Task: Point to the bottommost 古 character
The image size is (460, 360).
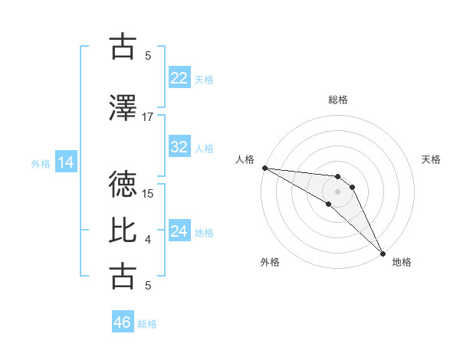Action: (x=124, y=276)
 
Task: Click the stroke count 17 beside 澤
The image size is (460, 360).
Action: (x=148, y=117)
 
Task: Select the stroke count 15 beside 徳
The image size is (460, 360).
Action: (x=148, y=194)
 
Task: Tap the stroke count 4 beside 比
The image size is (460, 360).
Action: (x=148, y=240)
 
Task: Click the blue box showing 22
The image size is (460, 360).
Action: (x=179, y=77)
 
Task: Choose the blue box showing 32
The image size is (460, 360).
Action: (x=179, y=147)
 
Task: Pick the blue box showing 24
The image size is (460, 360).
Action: (x=179, y=231)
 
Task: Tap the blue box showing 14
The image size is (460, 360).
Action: (x=65, y=162)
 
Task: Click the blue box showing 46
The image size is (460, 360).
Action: (x=122, y=322)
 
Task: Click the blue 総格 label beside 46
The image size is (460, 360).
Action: (x=147, y=324)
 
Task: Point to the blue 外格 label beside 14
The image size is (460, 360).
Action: (x=41, y=163)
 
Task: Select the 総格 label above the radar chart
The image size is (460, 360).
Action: (x=337, y=100)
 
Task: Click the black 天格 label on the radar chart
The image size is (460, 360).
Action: (x=431, y=159)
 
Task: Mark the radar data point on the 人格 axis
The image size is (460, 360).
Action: (x=264, y=168)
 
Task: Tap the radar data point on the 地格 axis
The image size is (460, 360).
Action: (x=383, y=253)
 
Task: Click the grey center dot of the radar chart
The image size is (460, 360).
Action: (x=337, y=191)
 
